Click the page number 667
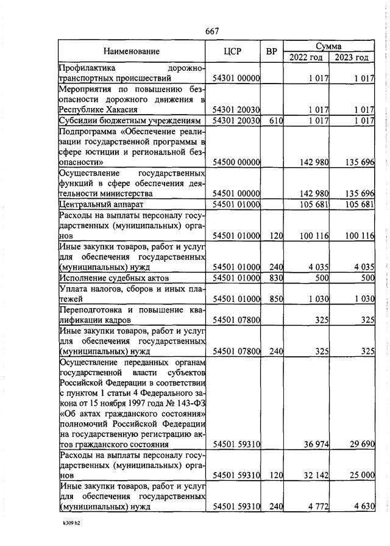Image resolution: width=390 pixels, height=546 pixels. click(212, 31)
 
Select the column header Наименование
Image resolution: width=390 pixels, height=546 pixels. click(131, 52)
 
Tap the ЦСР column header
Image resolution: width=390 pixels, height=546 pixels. click(233, 52)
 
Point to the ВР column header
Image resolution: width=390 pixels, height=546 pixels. click(272, 52)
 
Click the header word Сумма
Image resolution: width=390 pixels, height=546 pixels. click(328, 46)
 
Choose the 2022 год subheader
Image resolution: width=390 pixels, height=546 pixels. click(305, 57)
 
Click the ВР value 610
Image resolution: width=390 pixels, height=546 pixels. click(276, 121)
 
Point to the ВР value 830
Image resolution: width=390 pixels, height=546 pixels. click(276, 278)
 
